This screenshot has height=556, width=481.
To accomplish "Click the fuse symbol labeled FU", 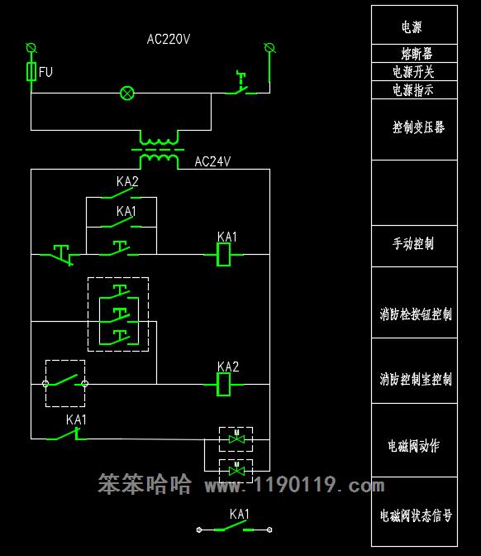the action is click(31, 71).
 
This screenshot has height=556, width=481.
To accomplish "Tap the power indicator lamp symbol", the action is click(127, 93).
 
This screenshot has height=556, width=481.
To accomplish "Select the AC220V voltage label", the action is click(169, 39).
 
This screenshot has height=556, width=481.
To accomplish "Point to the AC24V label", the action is click(212, 161).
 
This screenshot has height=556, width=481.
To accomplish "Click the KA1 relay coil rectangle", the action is click(223, 255).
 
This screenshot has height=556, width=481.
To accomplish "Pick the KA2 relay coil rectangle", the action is click(223, 385).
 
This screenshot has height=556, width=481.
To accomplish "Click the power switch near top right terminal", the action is click(241, 84).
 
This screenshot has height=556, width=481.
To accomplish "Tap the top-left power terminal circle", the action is click(31, 47).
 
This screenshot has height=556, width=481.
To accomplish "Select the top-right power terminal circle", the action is click(270, 47).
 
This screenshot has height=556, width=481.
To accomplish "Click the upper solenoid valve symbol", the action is click(236, 439).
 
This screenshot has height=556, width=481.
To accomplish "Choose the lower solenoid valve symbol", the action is click(236, 471).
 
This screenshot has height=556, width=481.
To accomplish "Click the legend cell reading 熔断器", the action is click(414, 54).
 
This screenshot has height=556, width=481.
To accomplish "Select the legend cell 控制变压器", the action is click(414, 129).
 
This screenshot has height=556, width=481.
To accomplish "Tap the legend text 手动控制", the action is click(413, 244).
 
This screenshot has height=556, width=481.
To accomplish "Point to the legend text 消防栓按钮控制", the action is click(416, 314).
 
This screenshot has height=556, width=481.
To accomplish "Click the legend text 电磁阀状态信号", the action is click(416, 515).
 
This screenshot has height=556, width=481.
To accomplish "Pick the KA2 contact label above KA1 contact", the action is click(127, 181).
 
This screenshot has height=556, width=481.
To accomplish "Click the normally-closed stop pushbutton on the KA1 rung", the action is click(60, 255).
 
